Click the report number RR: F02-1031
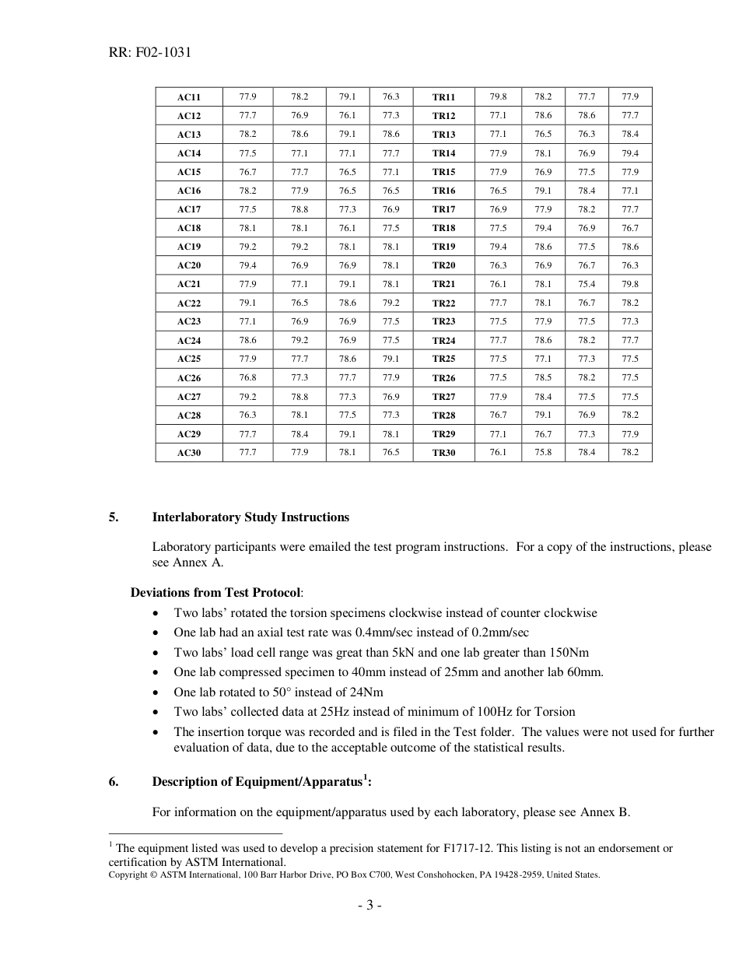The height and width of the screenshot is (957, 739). point(150,53)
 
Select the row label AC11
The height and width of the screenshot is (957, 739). point(188,97)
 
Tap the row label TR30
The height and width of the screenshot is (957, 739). point(443,453)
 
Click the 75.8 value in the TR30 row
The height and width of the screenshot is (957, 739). point(542,452)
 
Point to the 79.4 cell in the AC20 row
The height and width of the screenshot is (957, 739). point(247,265)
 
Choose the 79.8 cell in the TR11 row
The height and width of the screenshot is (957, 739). point(498,96)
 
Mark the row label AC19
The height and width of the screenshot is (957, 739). point(188,247)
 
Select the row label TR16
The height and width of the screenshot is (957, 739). point(443,191)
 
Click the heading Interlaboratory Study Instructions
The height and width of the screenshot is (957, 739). point(250,517)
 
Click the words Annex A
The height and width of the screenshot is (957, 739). point(201,563)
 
